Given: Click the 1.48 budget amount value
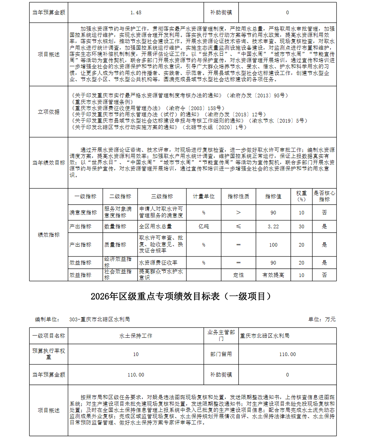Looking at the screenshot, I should [x=135, y=12].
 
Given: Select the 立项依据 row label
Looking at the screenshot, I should [x=49, y=112].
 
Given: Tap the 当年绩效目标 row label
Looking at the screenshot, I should [x=49, y=163].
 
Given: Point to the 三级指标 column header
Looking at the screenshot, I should [x=162, y=196].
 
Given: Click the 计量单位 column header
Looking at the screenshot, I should [x=204, y=196].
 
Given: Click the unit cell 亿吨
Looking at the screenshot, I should [x=204, y=227].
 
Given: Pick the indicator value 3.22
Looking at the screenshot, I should [x=273, y=227].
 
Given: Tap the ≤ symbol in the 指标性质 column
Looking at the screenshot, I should [x=239, y=227].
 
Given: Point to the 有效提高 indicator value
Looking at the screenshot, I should [x=273, y=275].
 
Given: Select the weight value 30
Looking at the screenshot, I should [x=301, y=227].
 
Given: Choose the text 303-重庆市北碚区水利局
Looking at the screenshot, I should [x=99, y=319].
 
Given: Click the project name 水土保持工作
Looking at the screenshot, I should [x=135, y=336].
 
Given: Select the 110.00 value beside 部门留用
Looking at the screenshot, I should [x=287, y=354].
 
